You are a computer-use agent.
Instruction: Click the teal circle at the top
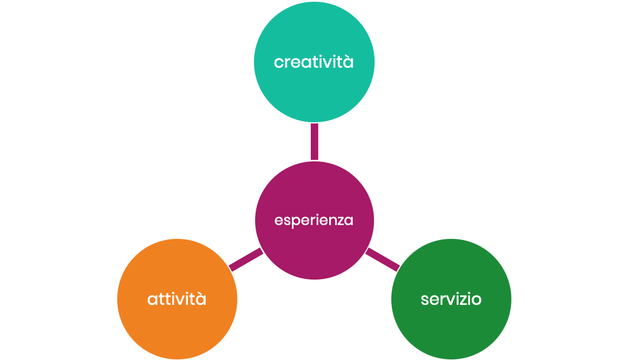(314, 34)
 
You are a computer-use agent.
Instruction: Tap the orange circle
(177, 327)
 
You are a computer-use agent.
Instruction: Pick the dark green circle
(451, 327)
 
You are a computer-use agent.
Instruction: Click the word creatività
(314, 62)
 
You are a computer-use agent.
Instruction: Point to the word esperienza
(314, 220)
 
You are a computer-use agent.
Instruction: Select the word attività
(177, 299)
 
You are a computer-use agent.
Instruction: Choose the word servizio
(451, 299)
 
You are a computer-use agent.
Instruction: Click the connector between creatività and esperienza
(314, 141)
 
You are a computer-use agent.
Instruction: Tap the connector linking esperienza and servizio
(383, 260)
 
